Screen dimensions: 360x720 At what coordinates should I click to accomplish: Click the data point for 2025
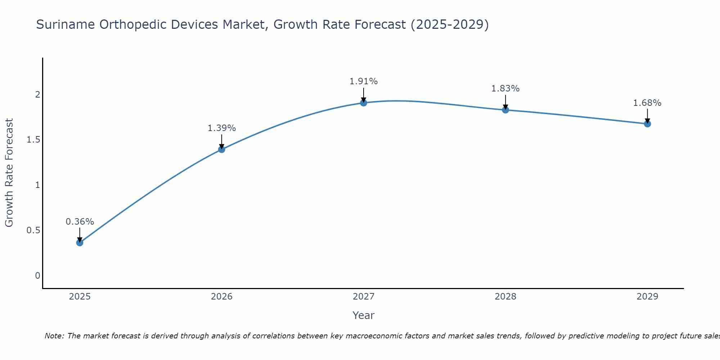(80, 243)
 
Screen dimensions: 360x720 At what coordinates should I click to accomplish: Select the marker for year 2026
(222, 149)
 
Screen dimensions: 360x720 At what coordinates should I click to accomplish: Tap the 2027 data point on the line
(364, 103)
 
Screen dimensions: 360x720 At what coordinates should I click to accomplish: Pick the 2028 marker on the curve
(505, 110)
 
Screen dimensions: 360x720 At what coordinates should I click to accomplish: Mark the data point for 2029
(647, 124)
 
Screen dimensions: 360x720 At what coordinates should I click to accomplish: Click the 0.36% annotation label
(80, 222)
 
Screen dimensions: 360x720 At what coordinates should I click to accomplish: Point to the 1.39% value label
(222, 128)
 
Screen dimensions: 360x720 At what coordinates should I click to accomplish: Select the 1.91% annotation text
(364, 81)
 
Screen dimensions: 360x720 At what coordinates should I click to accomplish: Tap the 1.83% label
(505, 89)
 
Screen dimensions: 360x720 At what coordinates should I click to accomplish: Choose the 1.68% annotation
(647, 103)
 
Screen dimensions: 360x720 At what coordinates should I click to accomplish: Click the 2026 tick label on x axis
(222, 297)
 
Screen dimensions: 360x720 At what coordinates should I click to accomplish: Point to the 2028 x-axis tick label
(505, 297)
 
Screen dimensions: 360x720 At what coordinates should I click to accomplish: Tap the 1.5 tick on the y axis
(33, 140)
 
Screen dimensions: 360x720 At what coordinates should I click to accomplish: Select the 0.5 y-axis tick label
(33, 230)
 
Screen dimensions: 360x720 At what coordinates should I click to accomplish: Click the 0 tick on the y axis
(37, 276)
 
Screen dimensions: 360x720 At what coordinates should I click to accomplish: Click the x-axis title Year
(364, 315)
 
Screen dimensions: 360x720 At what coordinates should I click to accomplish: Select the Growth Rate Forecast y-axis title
(9, 173)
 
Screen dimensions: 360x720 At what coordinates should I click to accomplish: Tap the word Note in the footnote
(54, 336)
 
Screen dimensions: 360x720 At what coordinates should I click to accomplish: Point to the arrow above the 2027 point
(364, 95)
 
